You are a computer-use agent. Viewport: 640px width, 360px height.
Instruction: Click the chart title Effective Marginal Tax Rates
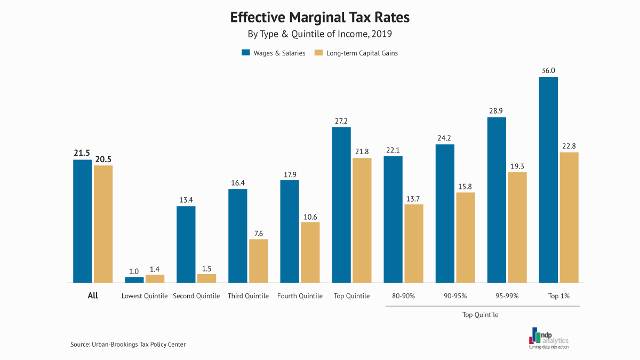coord(319,18)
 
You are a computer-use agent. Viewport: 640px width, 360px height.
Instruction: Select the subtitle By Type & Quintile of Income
coord(319,35)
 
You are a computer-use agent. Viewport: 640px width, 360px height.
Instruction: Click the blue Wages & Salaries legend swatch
coord(246,53)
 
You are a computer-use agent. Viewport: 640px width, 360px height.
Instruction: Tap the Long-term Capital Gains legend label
coord(362,53)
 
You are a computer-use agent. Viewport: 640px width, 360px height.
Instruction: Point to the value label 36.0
coord(548,70)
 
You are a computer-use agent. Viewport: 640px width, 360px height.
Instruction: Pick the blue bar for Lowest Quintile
coord(134,279)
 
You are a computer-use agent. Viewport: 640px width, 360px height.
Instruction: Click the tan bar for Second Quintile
coord(206,278)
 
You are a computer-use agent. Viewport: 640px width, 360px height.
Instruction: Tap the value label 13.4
coord(186,200)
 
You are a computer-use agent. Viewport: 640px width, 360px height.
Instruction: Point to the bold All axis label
coord(93,295)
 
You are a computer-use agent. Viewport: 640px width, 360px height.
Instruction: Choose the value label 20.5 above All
coord(103,159)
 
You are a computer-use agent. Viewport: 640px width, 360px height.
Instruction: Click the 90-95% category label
coord(455,296)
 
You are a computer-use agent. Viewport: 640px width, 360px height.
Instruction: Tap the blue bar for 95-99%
coord(497,199)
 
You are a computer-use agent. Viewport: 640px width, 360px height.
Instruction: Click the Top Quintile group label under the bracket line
coord(480,315)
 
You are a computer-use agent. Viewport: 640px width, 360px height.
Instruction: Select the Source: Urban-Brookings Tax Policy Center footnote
coord(128,345)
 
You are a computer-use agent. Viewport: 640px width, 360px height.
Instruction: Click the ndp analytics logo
coord(549,338)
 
